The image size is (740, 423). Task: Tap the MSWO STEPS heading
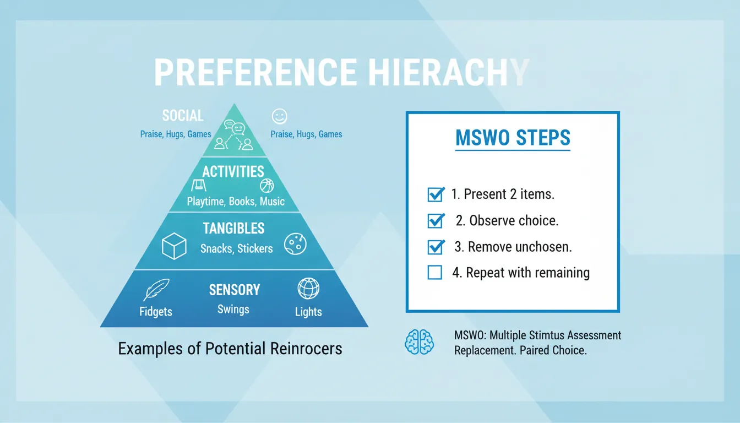click(513, 138)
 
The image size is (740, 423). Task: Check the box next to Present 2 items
click(436, 194)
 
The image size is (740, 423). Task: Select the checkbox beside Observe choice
click(436, 221)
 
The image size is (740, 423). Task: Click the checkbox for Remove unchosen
click(436, 247)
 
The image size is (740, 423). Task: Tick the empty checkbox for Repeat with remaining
click(435, 272)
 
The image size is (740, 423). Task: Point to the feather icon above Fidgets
click(156, 290)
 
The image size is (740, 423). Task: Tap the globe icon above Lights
click(308, 289)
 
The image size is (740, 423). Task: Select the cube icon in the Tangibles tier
click(174, 246)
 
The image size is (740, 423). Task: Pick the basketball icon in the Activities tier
click(267, 185)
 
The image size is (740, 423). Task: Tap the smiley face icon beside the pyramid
click(280, 116)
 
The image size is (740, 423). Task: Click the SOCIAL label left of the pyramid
click(183, 116)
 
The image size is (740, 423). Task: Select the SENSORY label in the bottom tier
click(234, 290)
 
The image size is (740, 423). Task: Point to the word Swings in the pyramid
click(233, 310)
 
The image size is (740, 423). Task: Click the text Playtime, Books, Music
click(236, 201)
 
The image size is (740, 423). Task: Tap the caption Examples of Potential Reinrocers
click(230, 349)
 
